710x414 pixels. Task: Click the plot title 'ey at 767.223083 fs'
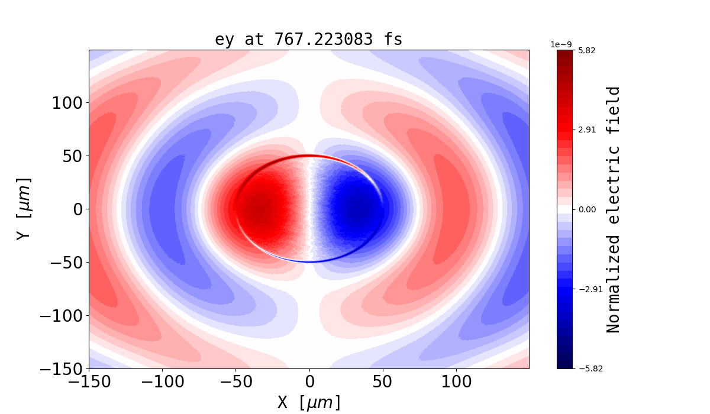[x=308, y=40]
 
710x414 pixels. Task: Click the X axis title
[x=309, y=402]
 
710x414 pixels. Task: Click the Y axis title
[x=23, y=208]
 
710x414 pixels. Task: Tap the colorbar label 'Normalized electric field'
[x=614, y=209]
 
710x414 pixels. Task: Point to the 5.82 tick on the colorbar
[x=586, y=50]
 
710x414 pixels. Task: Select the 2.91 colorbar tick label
[x=586, y=130]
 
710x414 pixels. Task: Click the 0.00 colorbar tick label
[x=586, y=209]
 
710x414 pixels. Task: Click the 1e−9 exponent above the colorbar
[x=561, y=44]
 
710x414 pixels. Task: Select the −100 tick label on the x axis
[x=162, y=382]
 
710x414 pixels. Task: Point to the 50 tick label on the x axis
[x=383, y=382]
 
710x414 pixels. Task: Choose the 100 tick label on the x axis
[x=456, y=382]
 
